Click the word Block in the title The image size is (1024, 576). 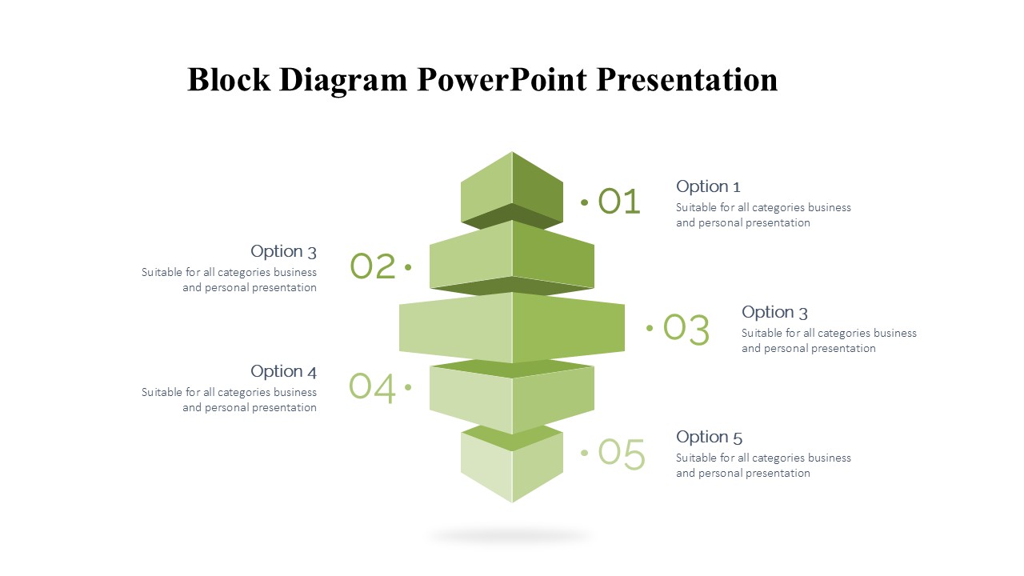click(x=229, y=79)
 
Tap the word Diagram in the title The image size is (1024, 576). click(x=343, y=82)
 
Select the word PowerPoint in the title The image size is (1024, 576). click(x=502, y=79)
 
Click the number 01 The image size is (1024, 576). click(x=619, y=201)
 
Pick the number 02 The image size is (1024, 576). click(x=373, y=266)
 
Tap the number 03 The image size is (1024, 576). click(x=686, y=328)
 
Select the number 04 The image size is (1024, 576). click(x=372, y=387)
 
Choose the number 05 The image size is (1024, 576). click(x=622, y=454)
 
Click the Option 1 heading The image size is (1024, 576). click(x=708, y=187)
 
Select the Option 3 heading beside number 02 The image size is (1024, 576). click(x=283, y=251)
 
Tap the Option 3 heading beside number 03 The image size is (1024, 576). click(x=774, y=312)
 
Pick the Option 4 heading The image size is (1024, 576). click(x=283, y=371)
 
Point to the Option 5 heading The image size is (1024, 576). click(x=709, y=437)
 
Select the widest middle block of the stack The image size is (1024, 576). click(x=512, y=327)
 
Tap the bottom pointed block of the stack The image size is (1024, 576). click(x=512, y=466)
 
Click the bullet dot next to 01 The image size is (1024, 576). click(x=584, y=202)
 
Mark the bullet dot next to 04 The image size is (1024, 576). click(x=408, y=387)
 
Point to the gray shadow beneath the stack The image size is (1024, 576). click(x=511, y=536)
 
